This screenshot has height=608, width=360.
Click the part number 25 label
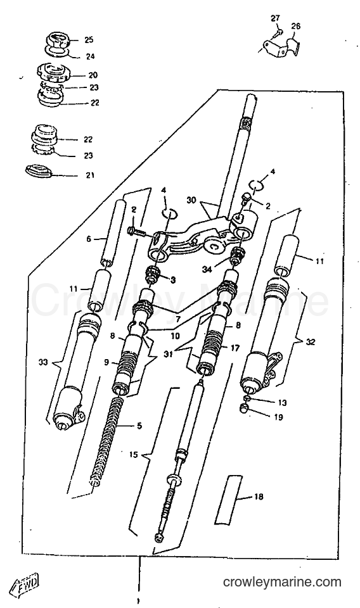point(89,40)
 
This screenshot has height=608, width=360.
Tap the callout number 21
point(90,175)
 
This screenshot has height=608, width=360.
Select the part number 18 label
point(259,497)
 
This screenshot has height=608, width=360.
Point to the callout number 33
point(43,362)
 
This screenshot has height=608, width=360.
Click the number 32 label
point(311,342)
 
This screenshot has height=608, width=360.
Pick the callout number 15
point(134,455)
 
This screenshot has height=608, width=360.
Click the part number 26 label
point(295,27)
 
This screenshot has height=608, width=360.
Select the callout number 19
point(278,417)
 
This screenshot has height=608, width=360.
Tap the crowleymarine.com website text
point(282,582)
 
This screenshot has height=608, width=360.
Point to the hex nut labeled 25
point(58,41)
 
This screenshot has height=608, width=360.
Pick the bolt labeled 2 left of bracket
point(136,232)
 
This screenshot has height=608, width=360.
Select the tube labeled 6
point(113,232)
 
